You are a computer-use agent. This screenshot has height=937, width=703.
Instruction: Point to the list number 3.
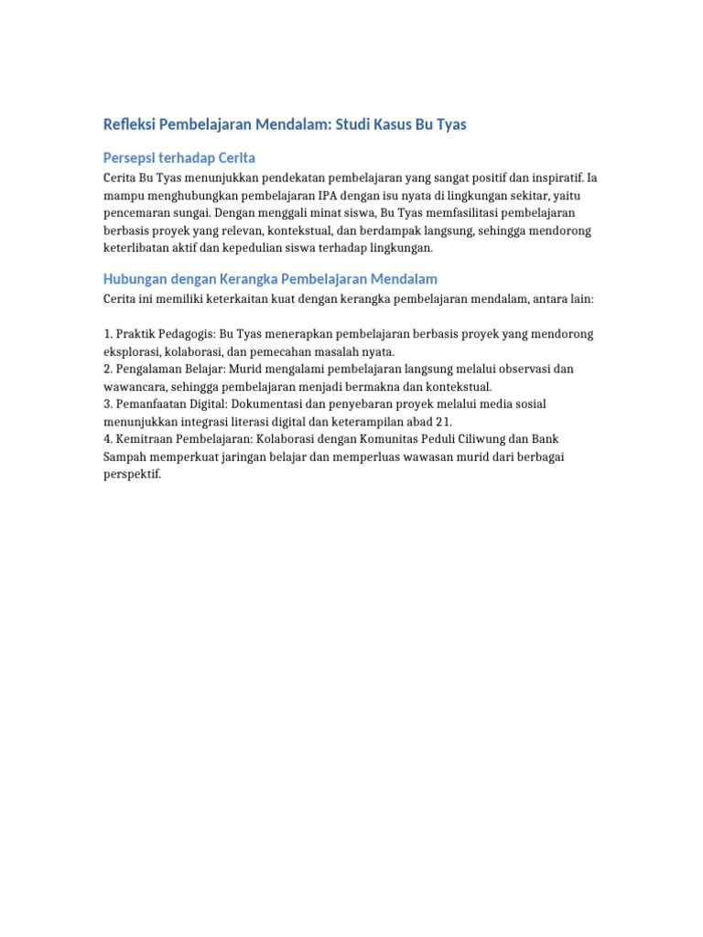coord(107,404)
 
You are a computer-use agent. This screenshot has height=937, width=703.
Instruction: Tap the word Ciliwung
coord(484,438)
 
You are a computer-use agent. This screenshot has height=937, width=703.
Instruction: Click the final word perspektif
coord(133,473)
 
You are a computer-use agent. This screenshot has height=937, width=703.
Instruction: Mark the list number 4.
coord(107,438)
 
